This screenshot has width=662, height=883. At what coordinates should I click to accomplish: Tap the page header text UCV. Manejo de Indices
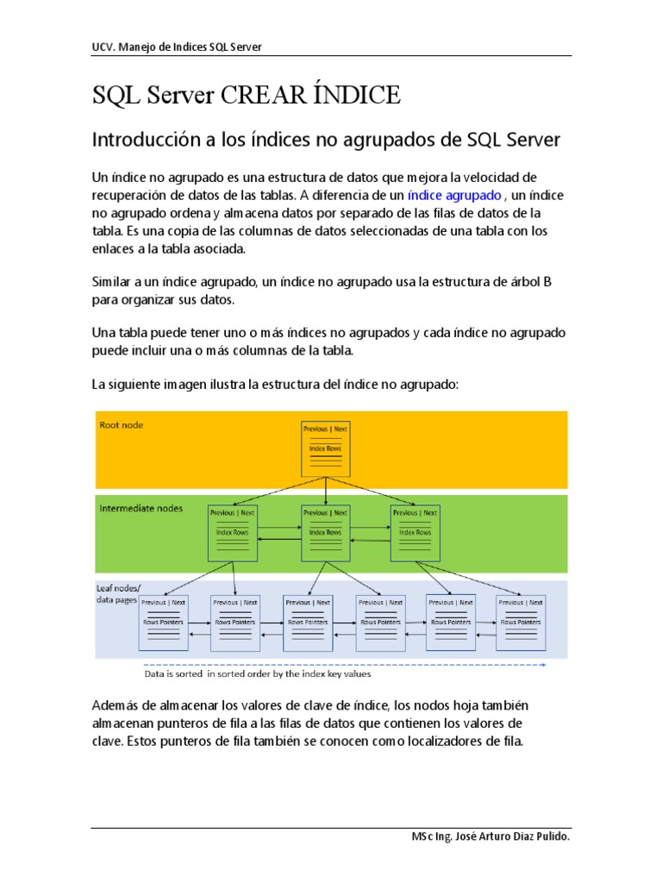[x=177, y=47]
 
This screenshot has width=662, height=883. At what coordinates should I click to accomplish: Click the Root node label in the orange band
[x=122, y=425]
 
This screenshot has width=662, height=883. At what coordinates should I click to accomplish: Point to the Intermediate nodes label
[x=141, y=509]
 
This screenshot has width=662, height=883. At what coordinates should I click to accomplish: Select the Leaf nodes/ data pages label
[x=116, y=593]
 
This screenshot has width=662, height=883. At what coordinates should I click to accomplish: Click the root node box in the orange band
[x=325, y=448]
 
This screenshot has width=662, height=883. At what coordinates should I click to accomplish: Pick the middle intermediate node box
[x=325, y=532]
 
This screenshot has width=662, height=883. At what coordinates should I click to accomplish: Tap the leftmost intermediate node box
[x=234, y=532]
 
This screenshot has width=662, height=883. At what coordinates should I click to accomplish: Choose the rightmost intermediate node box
[x=416, y=532]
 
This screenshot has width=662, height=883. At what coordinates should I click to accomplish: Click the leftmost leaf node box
[x=164, y=622]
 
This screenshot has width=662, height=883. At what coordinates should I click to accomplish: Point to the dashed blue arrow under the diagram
[x=345, y=665]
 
